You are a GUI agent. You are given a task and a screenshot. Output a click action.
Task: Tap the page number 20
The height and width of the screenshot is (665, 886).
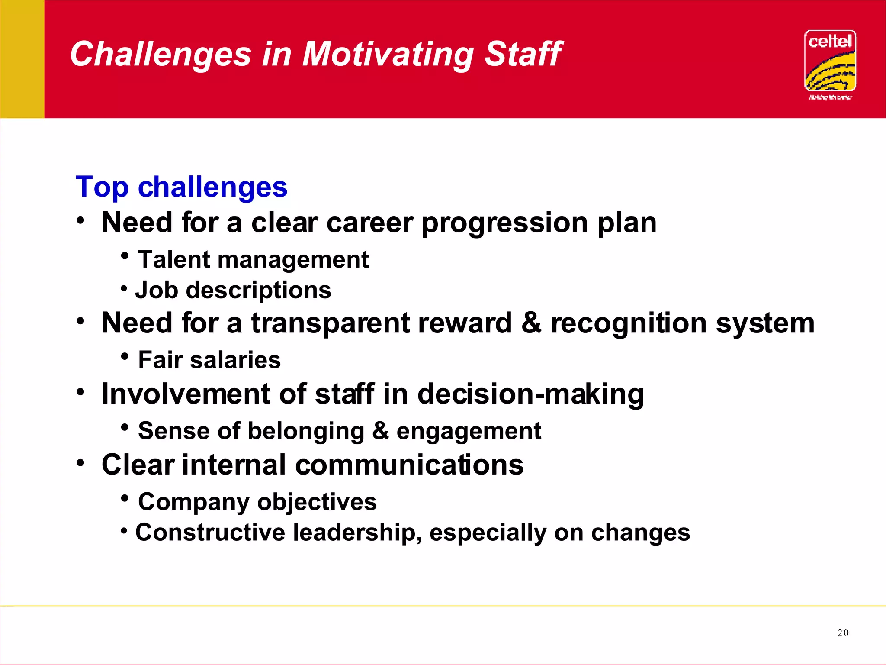(843, 633)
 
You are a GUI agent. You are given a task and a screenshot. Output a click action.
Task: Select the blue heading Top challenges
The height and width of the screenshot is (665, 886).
(181, 187)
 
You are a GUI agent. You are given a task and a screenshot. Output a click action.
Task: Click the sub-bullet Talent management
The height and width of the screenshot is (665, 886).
(253, 260)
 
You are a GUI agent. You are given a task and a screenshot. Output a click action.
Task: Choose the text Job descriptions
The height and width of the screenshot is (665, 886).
(233, 290)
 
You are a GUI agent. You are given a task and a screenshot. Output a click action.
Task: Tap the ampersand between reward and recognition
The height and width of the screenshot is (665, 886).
(531, 323)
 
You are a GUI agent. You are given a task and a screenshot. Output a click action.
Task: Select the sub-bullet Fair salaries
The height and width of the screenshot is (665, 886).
(209, 360)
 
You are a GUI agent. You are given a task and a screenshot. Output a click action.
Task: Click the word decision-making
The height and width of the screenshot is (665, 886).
(530, 394)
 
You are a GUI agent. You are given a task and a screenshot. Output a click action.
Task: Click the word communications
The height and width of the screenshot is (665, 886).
(409, 465)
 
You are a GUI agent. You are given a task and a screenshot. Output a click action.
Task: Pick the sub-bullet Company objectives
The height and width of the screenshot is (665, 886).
(257, 502)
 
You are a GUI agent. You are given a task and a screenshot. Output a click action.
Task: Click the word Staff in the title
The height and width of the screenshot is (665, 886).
(523, 55)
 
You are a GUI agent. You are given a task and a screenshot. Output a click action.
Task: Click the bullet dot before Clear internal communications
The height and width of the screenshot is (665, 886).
(80, 463)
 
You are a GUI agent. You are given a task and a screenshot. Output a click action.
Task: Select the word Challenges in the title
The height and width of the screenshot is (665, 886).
(161, 55)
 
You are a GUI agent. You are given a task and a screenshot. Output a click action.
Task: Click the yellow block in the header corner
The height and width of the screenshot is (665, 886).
(22, 59)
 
